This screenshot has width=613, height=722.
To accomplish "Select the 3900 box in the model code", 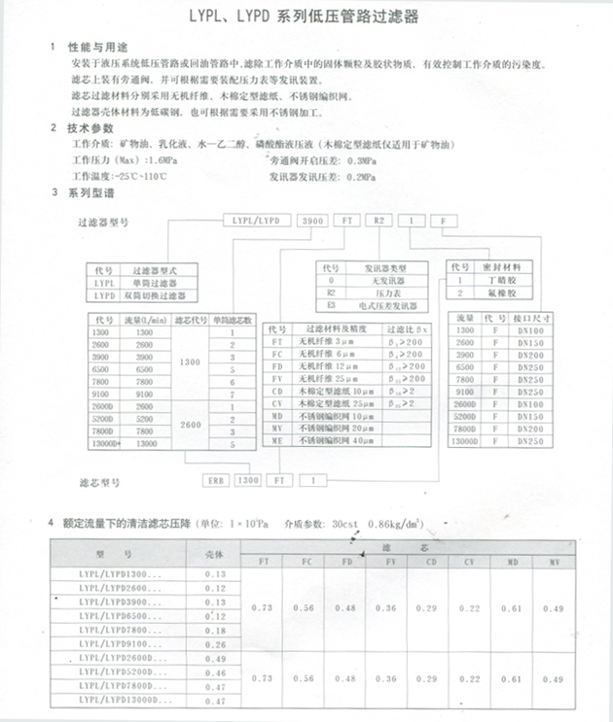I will point(314,222).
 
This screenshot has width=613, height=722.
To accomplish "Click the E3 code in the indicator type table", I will point(331,303).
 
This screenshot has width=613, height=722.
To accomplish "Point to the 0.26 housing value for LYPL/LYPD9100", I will point(215,643).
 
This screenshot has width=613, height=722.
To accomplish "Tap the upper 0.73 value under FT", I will point(262,607).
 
